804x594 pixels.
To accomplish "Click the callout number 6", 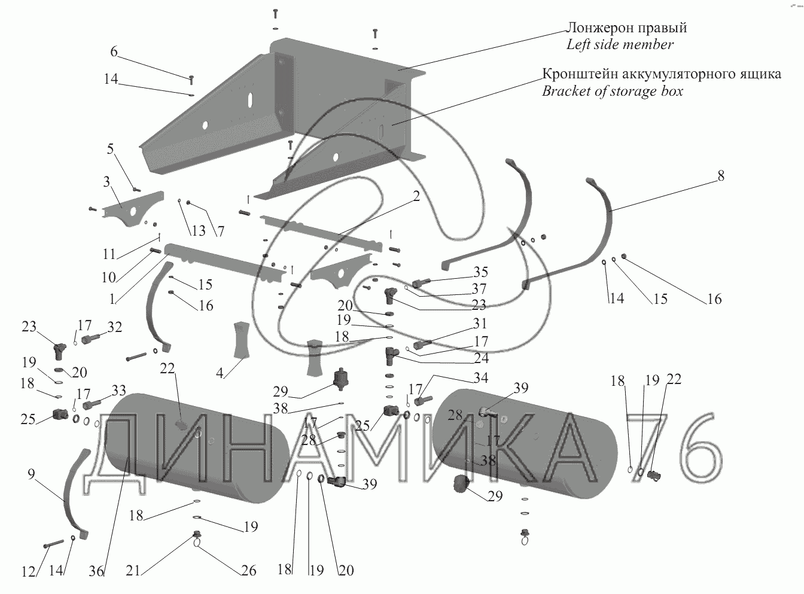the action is [114, 52].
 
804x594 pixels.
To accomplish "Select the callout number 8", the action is [721, 176].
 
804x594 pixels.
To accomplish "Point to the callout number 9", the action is [31, 474].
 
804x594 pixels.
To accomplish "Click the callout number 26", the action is [248, 571].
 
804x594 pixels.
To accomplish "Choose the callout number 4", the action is [220, 373].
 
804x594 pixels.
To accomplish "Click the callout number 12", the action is [28, 571].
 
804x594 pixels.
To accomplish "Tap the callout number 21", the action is [133, 571].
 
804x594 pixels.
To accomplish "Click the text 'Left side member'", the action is [619, 44].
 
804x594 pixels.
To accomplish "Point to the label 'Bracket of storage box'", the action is [612, 92].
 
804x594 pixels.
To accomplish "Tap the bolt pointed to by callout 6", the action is [191, 78].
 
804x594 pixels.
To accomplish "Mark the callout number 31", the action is [480, 324].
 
